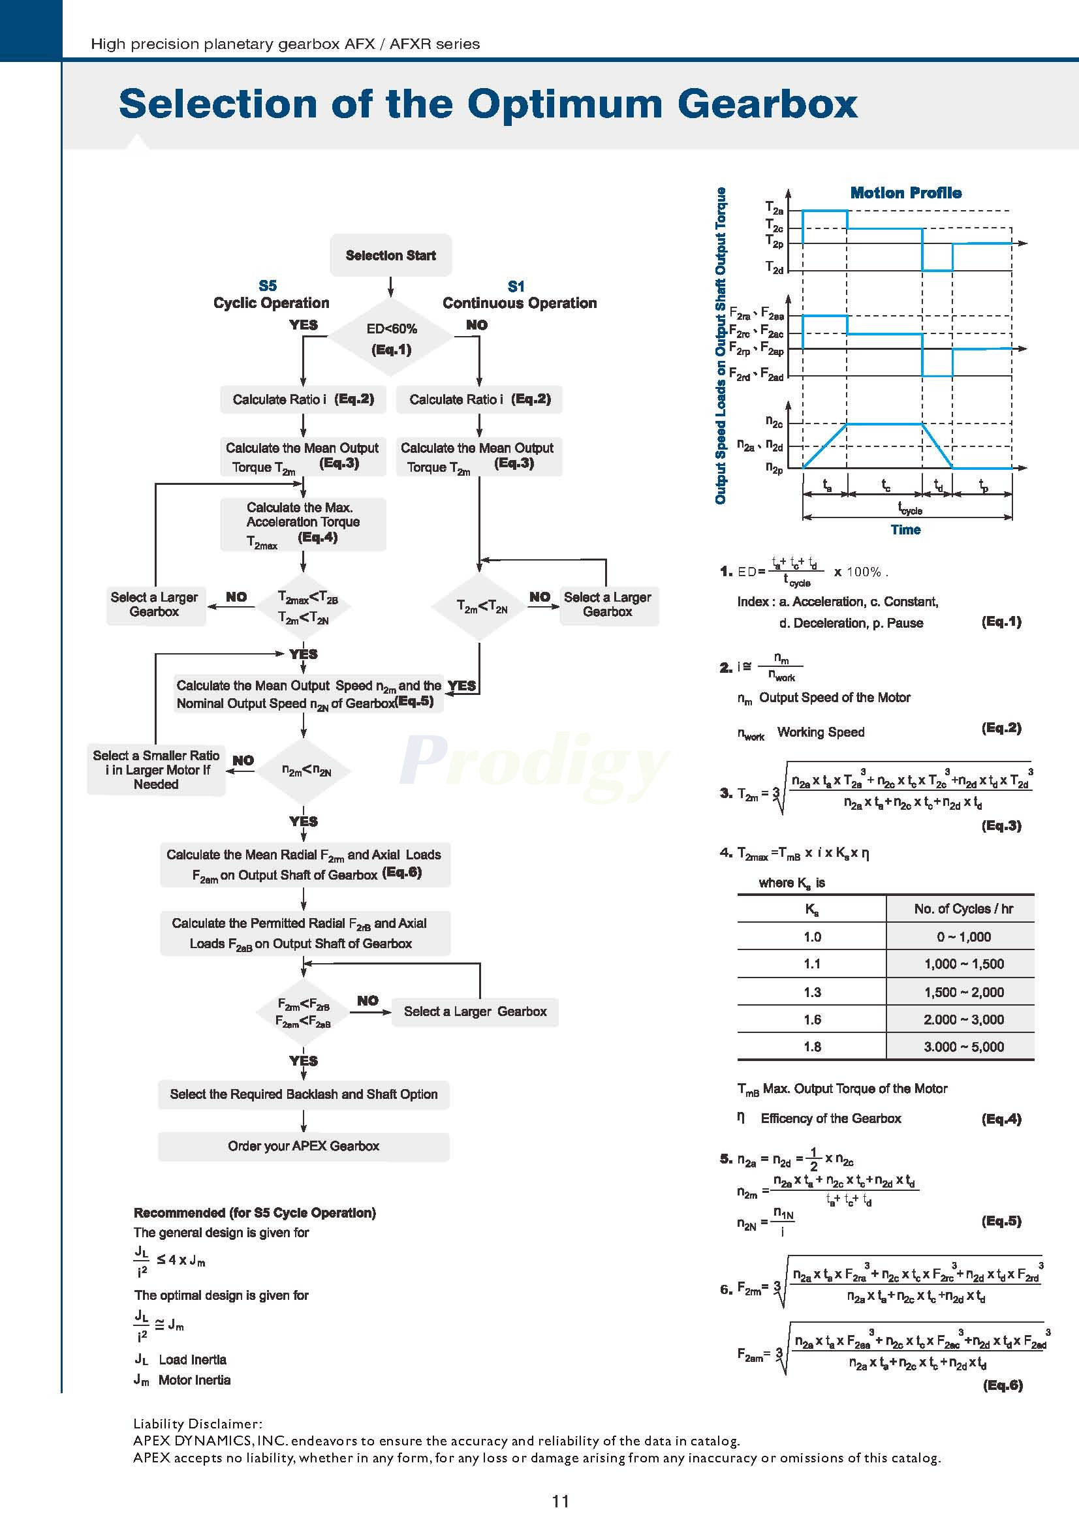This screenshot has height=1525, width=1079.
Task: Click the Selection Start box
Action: pos(390,256)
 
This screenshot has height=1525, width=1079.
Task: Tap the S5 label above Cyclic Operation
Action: pos(268,286)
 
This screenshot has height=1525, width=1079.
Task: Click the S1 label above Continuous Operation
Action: pos(516,287)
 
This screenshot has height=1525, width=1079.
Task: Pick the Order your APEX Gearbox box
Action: pos(304,1147)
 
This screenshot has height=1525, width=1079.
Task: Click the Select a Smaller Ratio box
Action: pos(156,770)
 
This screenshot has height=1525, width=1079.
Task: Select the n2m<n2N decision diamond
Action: pos(304,771)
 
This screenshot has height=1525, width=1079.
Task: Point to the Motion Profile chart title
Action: pos(905,193)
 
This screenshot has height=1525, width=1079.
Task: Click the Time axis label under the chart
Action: pos(905,530)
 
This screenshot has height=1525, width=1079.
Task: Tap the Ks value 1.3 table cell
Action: pos(812,993)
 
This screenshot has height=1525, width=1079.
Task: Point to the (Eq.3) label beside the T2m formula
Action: pos(1001,826)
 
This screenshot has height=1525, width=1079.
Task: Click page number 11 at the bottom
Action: pos(560,1501)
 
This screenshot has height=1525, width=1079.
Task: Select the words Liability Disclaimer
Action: pos(198,1424)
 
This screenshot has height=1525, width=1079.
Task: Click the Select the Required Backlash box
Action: pos(304,1094)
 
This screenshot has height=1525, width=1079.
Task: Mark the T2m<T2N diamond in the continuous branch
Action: pos(480,606)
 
